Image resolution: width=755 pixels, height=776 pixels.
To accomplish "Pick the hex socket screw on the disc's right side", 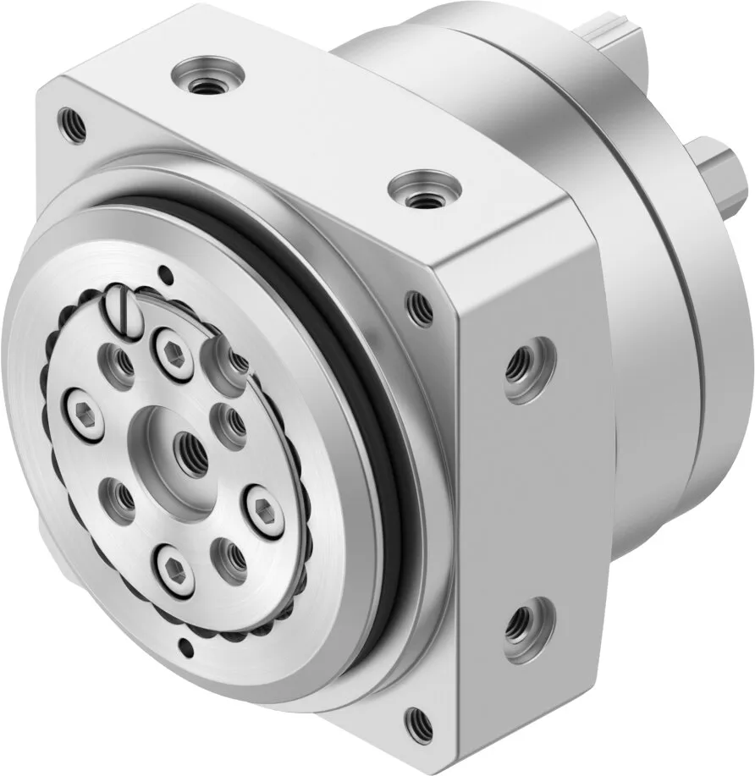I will click(x=259, y=507).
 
